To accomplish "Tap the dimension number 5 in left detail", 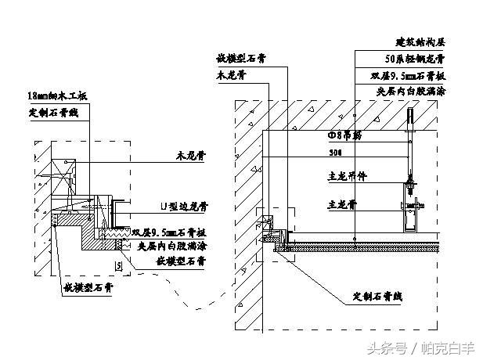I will pyautogui.click(x=117, y=268).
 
